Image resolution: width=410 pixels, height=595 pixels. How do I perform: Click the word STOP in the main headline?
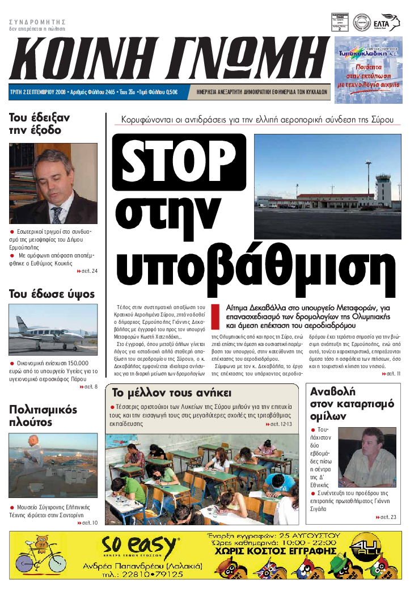pyautogui.click(x=179, y=163)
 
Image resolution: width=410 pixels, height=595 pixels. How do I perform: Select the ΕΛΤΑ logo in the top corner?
pyautogui.click(x=382, y=23)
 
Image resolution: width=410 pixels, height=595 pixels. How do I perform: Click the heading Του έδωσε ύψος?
pyautogui.click(x=52, y=294)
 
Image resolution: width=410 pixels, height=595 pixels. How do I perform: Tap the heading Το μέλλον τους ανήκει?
pyautogui.click(x=171, y=393)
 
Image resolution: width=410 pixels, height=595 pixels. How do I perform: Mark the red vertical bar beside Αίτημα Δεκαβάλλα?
pyautogui.click(x=215, y=316)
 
